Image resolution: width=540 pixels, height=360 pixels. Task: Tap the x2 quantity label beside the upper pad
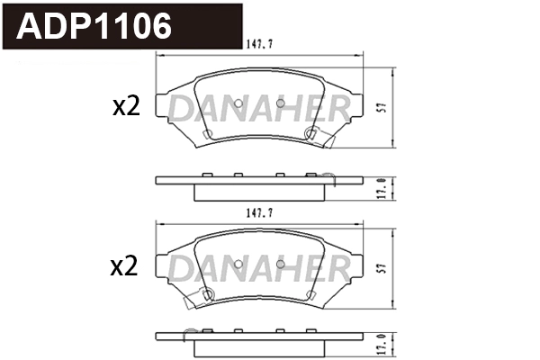tap(126, 107)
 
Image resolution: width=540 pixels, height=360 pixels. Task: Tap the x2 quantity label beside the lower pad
tap(126, 266)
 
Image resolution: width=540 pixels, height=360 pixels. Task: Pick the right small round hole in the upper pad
tap(280, 105)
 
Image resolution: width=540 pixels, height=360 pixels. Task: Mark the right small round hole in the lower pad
tap(280, 265)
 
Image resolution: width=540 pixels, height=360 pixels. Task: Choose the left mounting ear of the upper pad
tap(167, 106)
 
